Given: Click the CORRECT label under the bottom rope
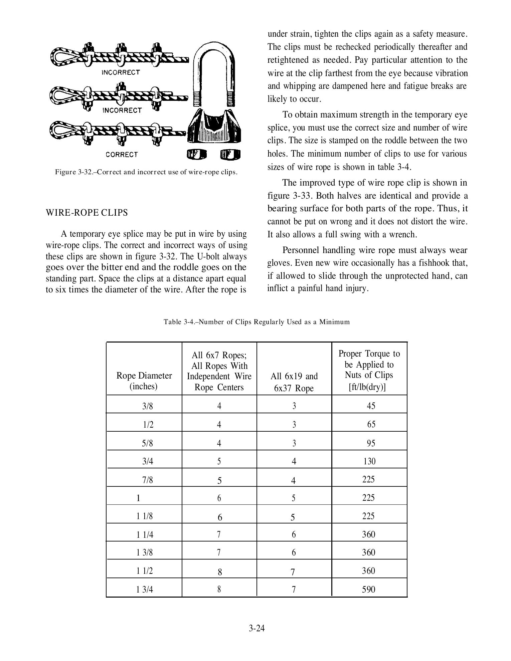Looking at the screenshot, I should pos(122,155).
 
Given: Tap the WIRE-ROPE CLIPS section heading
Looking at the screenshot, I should pos(87,213).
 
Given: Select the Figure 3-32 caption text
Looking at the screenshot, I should pos(146,172).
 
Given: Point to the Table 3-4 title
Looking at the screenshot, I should pos(257,322).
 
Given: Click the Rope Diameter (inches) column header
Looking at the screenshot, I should pos(144,381).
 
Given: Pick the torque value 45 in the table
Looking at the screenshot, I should pos(371,406).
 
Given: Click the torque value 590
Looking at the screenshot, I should pos(369,589).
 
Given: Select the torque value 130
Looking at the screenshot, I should pos(369,461).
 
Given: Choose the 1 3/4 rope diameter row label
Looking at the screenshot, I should pos(145,590).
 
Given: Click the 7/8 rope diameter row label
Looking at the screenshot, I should pos(147,480).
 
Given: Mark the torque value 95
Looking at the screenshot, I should pos(371,443).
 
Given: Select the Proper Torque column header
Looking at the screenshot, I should pos(369,370).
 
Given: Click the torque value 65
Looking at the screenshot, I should pos(371,424).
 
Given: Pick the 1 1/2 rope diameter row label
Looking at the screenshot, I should pos(145,571).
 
